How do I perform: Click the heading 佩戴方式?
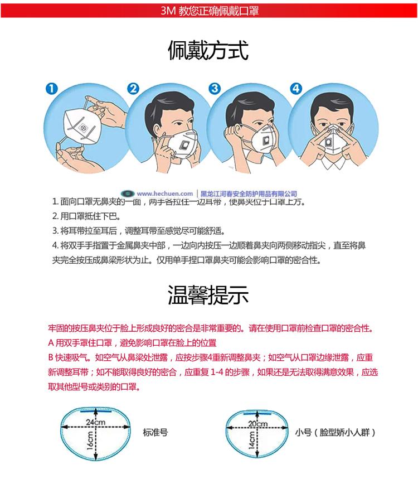coord(208,50)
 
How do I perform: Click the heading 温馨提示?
coord(208,295)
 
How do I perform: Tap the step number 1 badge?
coord(51,89)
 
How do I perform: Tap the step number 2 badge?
coord(133,89)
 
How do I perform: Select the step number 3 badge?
coord(215,89)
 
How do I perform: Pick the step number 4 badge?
coord(296,89)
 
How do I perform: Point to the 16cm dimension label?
coord(89,443)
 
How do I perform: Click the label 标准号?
coord(155,432)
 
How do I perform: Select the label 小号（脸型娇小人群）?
coord(334,432)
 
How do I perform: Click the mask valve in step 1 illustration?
coord(85,128)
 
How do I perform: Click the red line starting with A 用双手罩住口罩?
coord(132,342)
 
